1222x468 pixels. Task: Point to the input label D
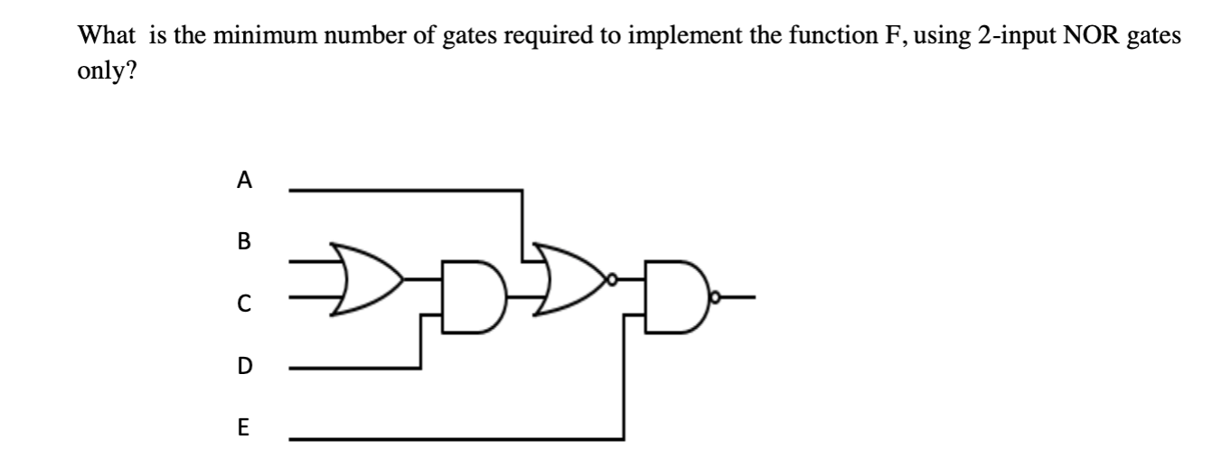(x=242, y=366)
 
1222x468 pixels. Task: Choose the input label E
(x=242, y=427)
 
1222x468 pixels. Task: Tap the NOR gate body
(x=569, y=276)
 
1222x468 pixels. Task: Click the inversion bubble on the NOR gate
(x=612, y=278)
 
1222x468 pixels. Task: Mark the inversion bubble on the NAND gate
(x=716, y=295)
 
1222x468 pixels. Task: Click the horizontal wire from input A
(x=407, y=190)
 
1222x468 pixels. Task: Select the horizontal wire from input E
(x=452, y=438)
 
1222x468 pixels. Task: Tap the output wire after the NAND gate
(x=739, y=295)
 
